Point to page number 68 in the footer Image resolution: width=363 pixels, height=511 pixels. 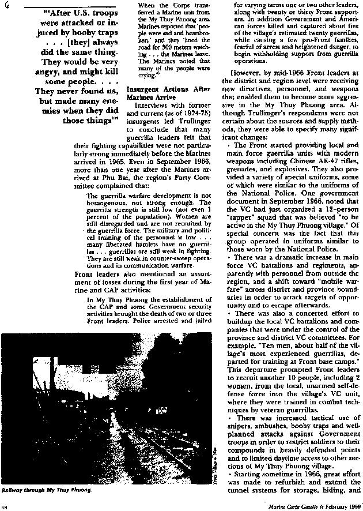pos(5,506)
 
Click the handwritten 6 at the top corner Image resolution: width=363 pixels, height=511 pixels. pos(5,5)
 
